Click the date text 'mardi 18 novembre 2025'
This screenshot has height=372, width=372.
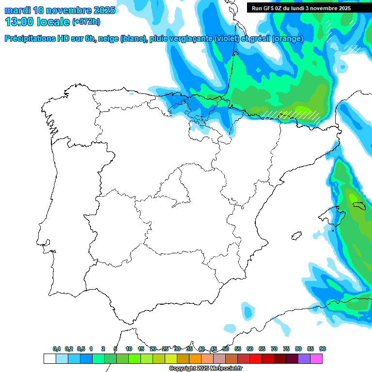click(x=60, y=10)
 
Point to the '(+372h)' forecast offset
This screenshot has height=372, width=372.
click(x=86, y=22)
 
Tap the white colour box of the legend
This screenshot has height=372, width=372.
click(x=49, y=358)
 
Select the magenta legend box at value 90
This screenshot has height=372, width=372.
click(x=316, y=358)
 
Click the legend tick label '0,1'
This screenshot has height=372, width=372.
click(x=57, y=349)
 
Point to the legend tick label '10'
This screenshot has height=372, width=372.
click(x=129, y=349)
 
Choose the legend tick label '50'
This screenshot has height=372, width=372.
click(x=226, y=349)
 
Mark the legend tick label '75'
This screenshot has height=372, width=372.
click(x=286, y=349)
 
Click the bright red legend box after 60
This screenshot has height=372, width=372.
click(x=256, y=358)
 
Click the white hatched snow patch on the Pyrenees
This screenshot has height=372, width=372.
click(x=291, y=114)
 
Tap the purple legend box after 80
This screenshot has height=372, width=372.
click(x=304, y=358)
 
